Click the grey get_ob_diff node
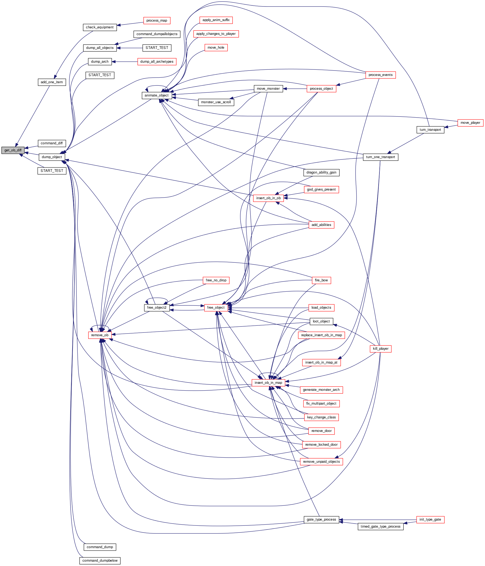(x=13, y=150)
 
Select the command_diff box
(x=52, y=143)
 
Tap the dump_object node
(x=52, y=157)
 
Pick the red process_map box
(x=157, y=21)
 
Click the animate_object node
(x=157, y=95)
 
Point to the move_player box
(x=470, y=123)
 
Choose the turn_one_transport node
(x=381, y=157)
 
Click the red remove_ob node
(x=100, y=335)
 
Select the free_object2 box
(x=157, y=308)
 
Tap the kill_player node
(x=381, y=349)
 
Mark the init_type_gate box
(x=430, y=520)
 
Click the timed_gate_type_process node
(x=381, y=526)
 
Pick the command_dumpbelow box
(x=100, y=561)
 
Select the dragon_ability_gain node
(x=322, y=173)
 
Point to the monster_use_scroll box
(x=216, y=102)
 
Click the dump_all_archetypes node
(x=157, y=62)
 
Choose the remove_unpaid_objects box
(x=322, y=462)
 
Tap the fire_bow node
(x=322, y=280)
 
